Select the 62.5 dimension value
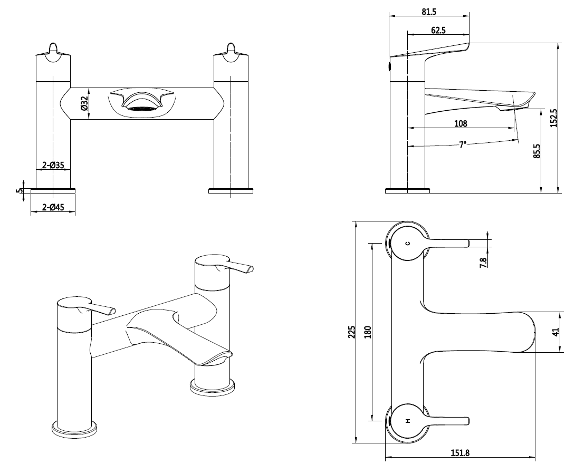coord(438,31)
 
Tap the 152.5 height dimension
coord(553,118)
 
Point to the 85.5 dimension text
coord(536,151)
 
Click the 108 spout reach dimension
coord(461,124)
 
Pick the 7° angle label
coord(463,144)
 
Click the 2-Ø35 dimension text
coord(53,166)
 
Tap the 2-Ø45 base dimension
coord(53,208)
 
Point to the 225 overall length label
coord(352,332)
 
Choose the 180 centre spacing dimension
coord(368,332)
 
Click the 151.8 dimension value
coord(459,452)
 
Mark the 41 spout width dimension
coord(554,332)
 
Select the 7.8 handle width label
coord(483,262)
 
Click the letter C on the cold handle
coord(407,243)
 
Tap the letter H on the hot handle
coord(407,421)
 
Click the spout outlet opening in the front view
coord(141,108)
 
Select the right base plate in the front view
coord(231,191)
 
